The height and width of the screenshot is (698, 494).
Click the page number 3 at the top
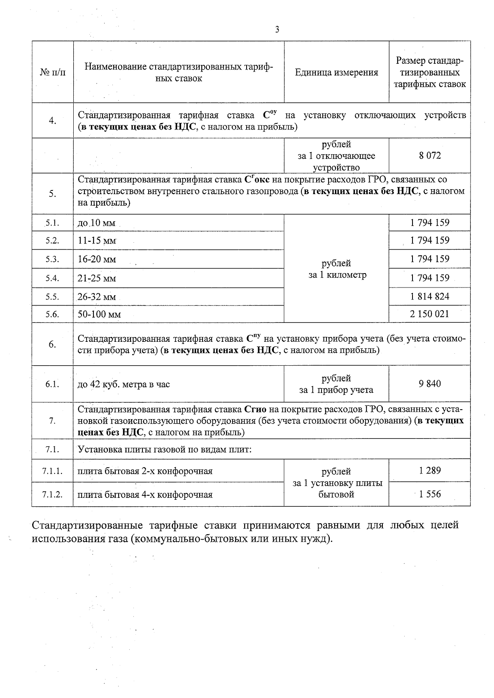277,30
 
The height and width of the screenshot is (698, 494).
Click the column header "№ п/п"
53,72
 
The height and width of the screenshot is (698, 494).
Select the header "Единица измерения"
336,73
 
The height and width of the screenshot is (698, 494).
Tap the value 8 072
430,155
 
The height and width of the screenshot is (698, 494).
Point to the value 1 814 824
430,297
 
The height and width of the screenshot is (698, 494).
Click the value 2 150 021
430,314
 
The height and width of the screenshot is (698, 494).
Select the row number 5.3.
52,259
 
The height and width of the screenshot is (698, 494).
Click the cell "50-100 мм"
99,315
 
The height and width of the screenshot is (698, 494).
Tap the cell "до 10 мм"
96,223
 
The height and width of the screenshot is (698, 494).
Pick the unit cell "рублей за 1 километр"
336,269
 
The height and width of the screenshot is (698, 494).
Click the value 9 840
430,384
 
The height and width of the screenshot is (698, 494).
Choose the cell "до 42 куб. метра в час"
123,385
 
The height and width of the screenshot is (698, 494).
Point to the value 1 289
430,471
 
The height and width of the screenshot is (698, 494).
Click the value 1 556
430,494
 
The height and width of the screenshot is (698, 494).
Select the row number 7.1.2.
52,494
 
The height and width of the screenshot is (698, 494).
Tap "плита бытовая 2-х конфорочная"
145,471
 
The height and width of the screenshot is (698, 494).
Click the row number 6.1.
52,384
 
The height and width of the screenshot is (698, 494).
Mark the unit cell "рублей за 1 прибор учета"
336,384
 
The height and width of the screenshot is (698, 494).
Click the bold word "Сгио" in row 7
255,410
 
